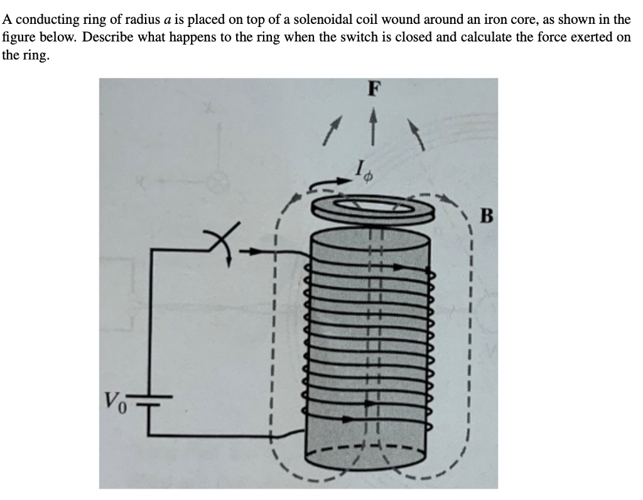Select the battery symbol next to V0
[x=153, y=401]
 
